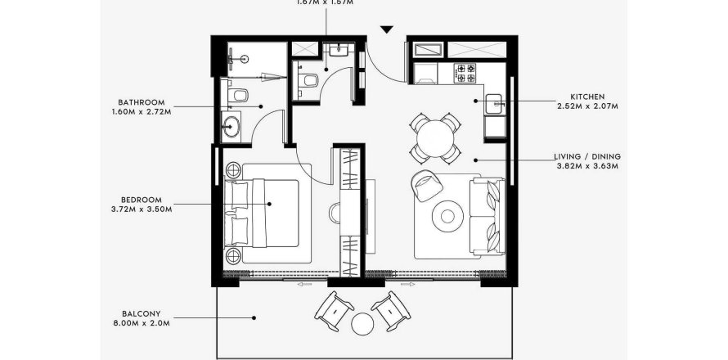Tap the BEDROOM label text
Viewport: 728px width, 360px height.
[141, 199]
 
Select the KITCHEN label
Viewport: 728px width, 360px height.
[587, 97]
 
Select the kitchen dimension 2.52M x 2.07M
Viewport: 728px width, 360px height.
[587, 106]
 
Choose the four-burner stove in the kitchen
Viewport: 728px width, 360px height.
[465, 73]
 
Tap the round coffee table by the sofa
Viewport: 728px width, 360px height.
[448, 216]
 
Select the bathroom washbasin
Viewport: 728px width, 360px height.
[231, 128]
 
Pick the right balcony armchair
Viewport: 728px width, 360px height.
[391, 310]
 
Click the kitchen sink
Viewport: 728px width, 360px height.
[496, 105]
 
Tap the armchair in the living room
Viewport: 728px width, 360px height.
[425, 184]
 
